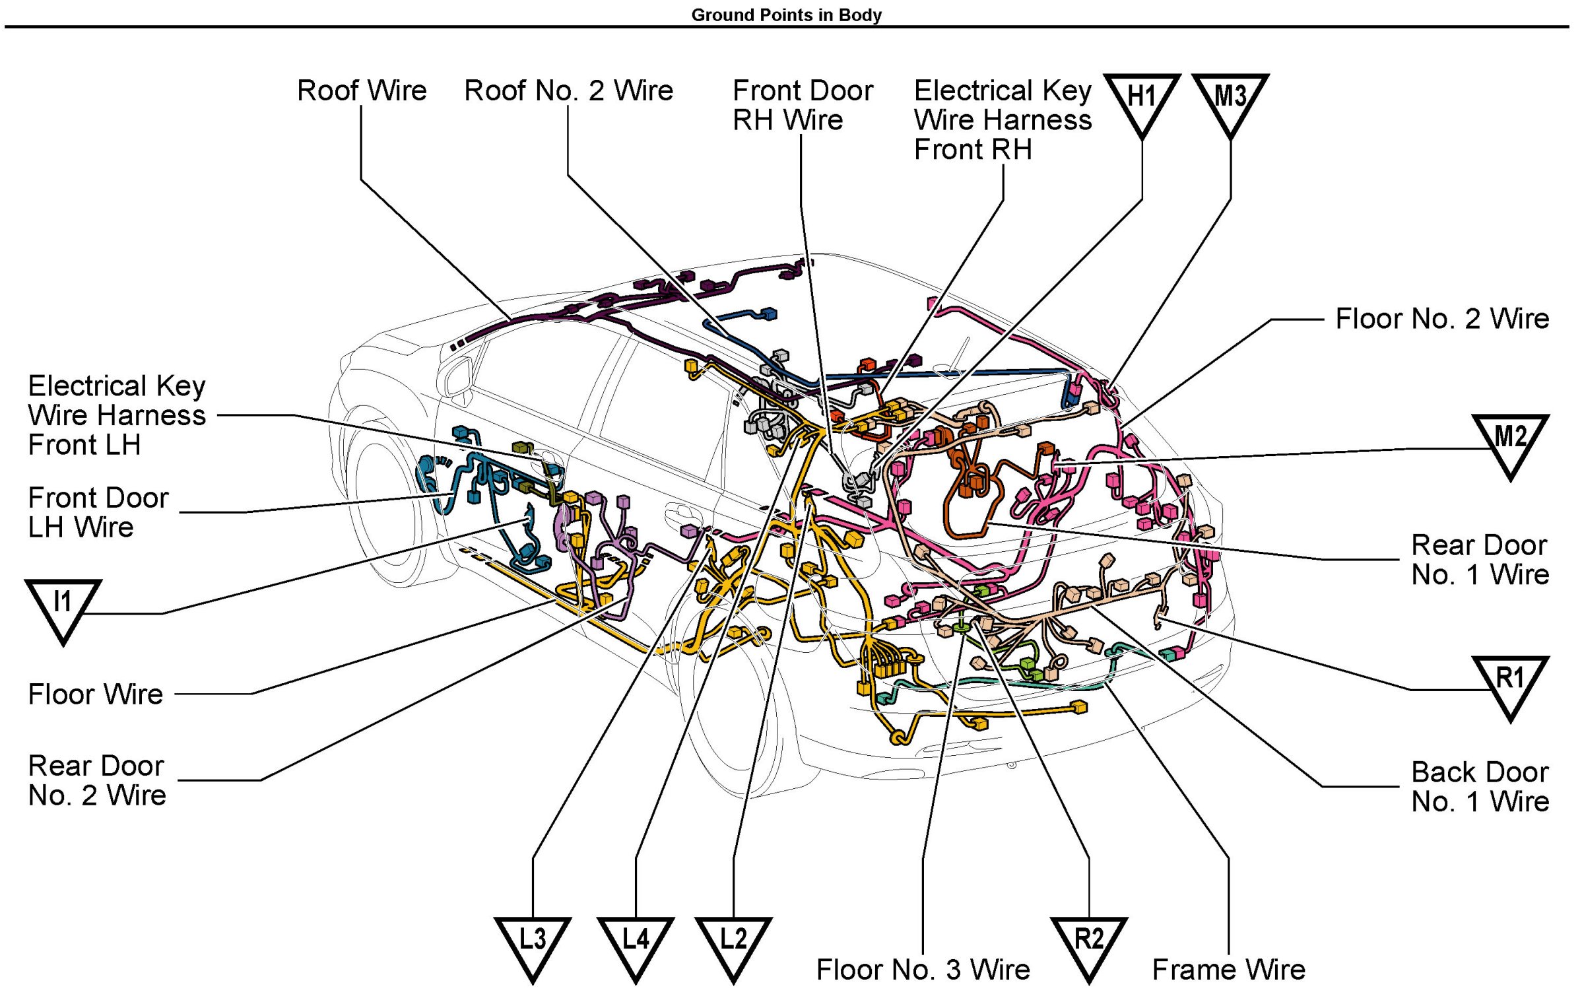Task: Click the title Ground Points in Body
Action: pos(786,15)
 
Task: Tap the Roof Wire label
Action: pos(362,90)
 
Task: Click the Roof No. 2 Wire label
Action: pos(568,90)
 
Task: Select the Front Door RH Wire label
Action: pos(802,105)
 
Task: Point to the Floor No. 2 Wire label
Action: pos(1441,319)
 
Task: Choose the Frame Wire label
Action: pos(1228,970)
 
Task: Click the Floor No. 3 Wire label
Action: pos(923,970)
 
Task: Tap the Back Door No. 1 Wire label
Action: pos(1480,787)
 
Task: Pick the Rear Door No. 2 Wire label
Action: pos(97,780)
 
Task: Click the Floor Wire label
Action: pos(96,694)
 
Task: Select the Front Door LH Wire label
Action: pos(98,512)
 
